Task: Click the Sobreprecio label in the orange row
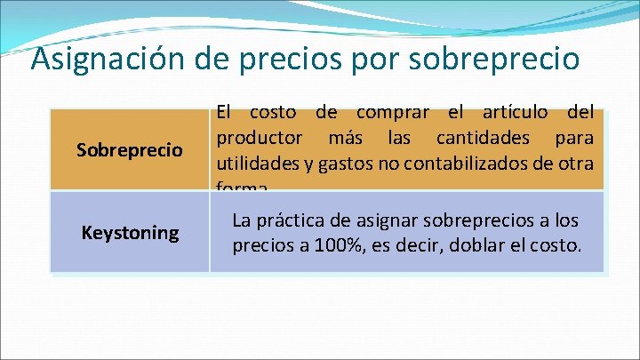click(130, 150)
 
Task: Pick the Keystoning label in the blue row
click(130, 233)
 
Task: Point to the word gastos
click(353, 164)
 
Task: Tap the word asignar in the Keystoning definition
click(388, 220)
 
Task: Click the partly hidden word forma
click(241, 187)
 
